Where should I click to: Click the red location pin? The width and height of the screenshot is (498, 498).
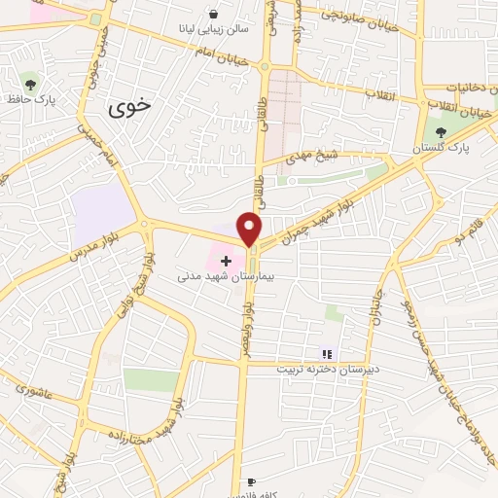[x=250, y=228]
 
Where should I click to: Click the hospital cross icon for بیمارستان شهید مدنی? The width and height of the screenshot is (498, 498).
[x=226, y=262]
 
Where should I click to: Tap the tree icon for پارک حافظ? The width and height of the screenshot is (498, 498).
[x=29, y=82]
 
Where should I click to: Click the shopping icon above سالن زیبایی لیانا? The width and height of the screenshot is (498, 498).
[x=212, y=15]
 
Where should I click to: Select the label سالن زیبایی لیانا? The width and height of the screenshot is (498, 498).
[x=212, y=30]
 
